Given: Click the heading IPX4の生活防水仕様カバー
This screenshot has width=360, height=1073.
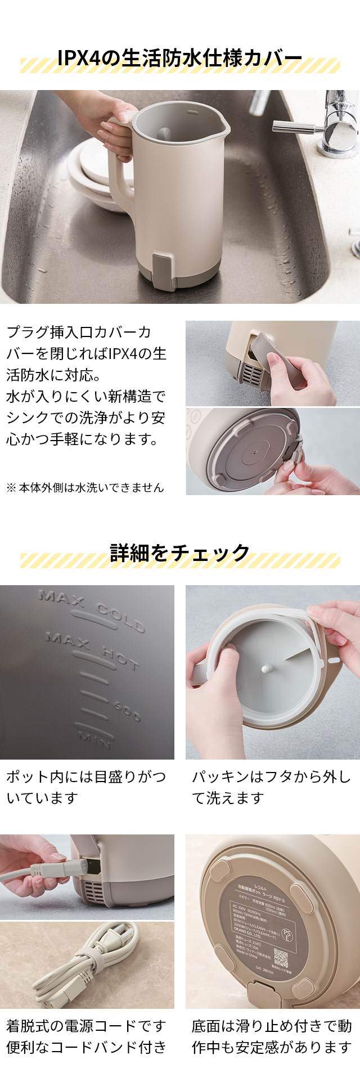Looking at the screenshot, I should point(179,59).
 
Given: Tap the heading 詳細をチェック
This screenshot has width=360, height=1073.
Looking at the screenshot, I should point(179,553).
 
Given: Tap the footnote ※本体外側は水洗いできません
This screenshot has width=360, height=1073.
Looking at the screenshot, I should point(85,487).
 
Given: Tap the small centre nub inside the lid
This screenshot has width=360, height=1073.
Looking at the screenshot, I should point(264,669).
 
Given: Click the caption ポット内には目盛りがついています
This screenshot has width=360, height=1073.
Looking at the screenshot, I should point(86,787).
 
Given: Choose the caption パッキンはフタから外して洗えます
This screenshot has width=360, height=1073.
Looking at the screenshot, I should point(272,787).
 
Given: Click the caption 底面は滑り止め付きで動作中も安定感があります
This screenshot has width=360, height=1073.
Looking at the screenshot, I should point(272,1036).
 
